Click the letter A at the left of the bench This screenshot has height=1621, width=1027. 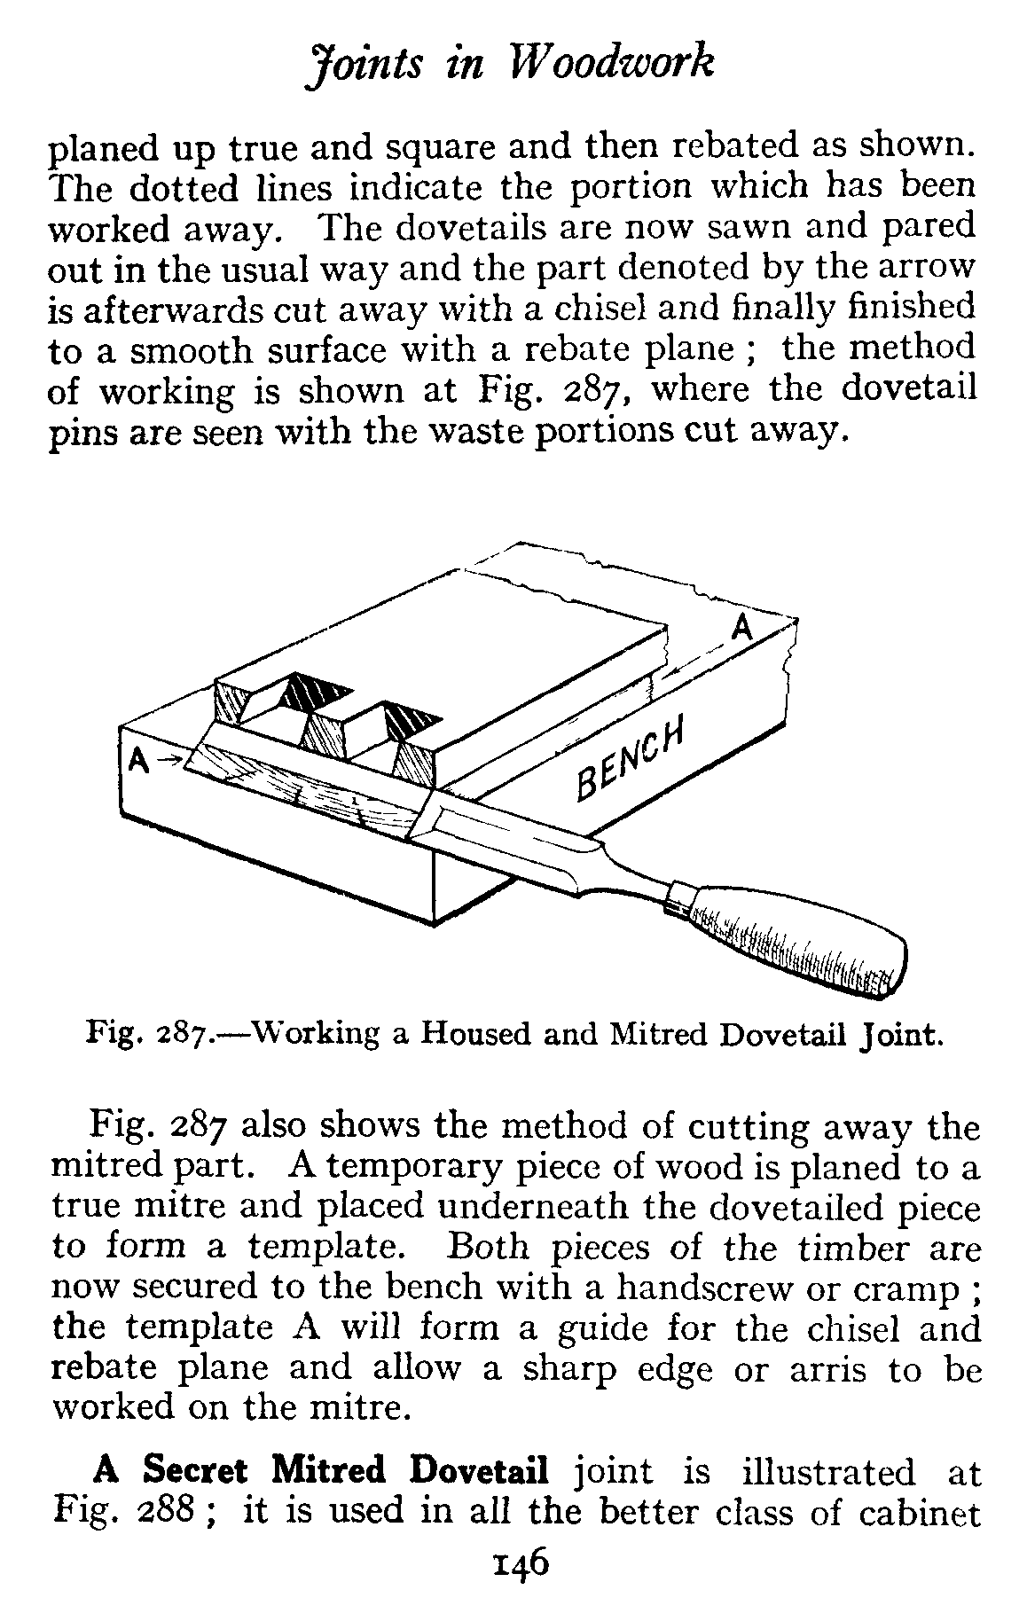[137, 761]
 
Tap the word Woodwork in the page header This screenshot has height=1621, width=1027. [612, 65]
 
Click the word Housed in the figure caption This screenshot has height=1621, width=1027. [466, 1034]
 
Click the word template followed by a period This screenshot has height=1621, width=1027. [324, 1248]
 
